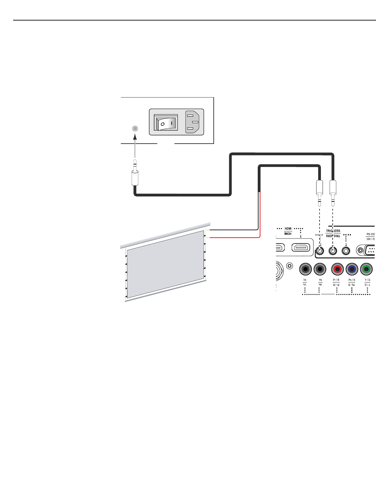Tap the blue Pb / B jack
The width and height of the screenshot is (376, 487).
352,269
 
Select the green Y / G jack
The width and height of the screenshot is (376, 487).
367,269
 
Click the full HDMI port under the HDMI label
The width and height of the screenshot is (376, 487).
301,248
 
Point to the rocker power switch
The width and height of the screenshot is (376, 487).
166,123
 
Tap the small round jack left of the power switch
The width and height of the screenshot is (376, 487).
135,128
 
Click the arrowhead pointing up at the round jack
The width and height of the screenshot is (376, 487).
135,136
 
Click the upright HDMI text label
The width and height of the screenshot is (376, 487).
288,229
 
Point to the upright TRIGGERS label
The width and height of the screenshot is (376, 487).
333,231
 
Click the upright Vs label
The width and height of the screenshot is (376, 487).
305,280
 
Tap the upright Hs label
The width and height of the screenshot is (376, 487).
320,280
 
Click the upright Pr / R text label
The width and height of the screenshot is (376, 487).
336,280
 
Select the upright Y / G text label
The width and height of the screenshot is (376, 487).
367,280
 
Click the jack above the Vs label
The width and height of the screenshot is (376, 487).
305,269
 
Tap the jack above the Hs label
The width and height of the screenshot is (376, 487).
320,269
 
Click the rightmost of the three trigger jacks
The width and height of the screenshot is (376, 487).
346,251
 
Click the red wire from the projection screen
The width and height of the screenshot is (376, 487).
235,237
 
